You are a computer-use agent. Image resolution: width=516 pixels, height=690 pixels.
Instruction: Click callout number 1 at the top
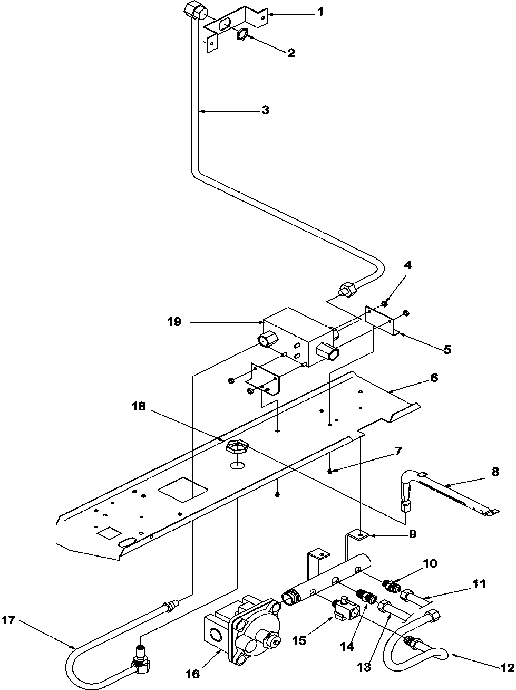click(320, 12)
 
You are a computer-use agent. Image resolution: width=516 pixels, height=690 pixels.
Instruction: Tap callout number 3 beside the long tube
click(265, 110)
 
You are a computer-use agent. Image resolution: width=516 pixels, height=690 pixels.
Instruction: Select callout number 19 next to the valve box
click(175, 321)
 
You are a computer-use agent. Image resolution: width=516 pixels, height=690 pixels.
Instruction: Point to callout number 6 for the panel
click(434, 378)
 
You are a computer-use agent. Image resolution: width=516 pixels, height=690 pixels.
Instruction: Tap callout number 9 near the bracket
click(412, 534)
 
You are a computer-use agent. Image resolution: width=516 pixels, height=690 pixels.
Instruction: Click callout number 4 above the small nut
click(408, 265)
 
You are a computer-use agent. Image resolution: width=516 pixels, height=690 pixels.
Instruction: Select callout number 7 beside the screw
click(398, 451)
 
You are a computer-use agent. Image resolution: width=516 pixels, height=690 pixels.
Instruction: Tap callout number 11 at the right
click(479, 583)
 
